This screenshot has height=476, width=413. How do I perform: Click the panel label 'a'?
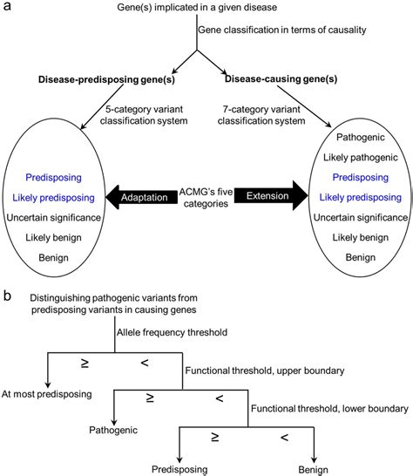pos(7,7)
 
